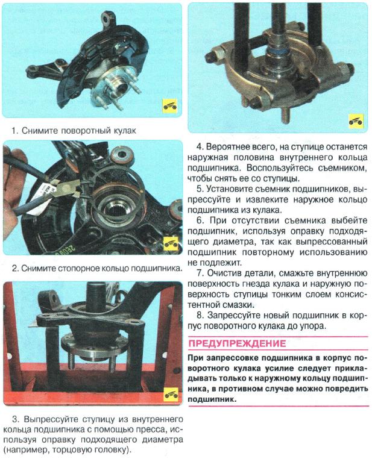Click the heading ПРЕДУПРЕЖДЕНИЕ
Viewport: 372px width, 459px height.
237,344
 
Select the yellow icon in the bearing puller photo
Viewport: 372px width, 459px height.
356,119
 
